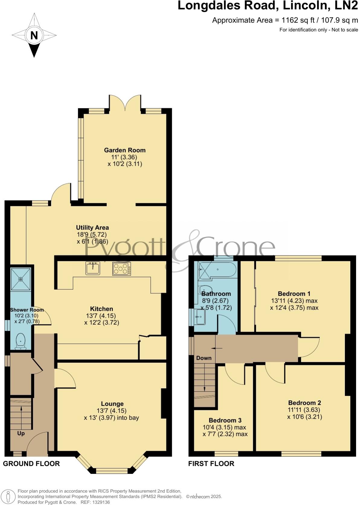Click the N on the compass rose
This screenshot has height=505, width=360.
click(34, 36)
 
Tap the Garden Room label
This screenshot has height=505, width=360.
click(125, 150)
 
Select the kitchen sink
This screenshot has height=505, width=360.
click(93, 268)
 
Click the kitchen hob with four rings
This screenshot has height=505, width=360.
click(122, 269)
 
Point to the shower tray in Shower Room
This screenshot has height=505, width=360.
click(21, 279)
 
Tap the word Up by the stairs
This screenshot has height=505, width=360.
click(21, 433)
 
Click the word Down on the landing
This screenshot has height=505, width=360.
click(204, 358)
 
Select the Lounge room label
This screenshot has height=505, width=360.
click(112, 404)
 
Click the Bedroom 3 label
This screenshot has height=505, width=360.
click(225, 420)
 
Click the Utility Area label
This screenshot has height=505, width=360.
click(92, 227)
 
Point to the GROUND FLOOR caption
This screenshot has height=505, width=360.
click(31, 464)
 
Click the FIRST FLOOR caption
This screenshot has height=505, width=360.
click(211, 464)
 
